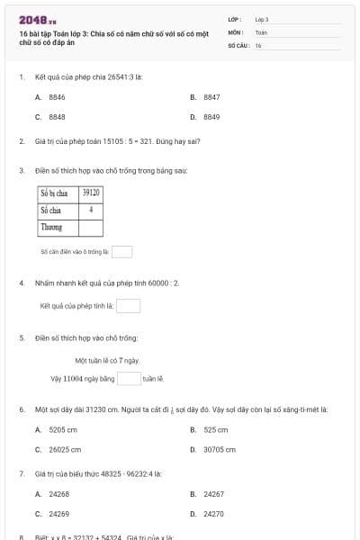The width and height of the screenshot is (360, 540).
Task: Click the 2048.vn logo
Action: click(x=38, y=19)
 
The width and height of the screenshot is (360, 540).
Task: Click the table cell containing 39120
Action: click(x=91, y=193)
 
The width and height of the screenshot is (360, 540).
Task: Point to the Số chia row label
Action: click(x=50, y=210)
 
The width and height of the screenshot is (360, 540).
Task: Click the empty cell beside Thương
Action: click(x=91, y=227)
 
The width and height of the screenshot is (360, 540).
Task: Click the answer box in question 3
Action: click(x=121, y=252)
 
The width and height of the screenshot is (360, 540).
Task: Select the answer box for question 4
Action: click(x=128, y=306)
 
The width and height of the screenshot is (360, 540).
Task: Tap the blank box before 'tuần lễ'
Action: click(x=129, y=378)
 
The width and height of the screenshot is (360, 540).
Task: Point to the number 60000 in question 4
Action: click(x=157, y=283)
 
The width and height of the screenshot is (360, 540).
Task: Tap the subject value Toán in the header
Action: click(x=262, y=31)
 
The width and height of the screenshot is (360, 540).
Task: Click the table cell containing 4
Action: click(x=91, y=210)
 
